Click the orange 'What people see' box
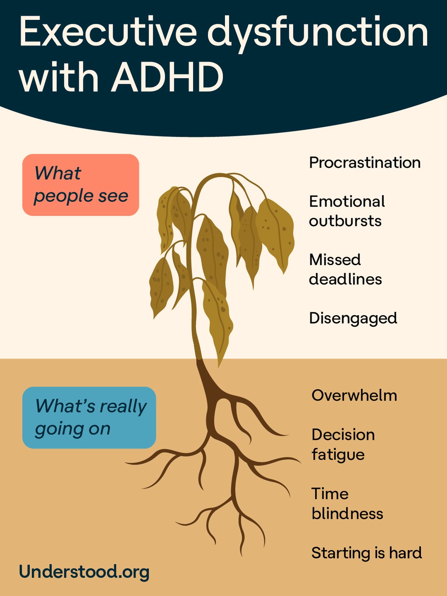pos(81,185)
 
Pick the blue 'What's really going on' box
pos(89,417)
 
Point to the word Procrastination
pos(365,163)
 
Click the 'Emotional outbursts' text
pos(347,211)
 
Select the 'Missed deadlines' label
pos(346,269)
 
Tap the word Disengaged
pos(353,318)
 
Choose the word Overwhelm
pos(354,396)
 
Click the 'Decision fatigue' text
pos(343,444)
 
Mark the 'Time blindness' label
pos(347,503)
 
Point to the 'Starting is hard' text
pos(367,553)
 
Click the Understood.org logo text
pos(84,572)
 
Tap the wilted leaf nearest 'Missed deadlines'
pos(275,234)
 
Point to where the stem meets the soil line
pos(200,359)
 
